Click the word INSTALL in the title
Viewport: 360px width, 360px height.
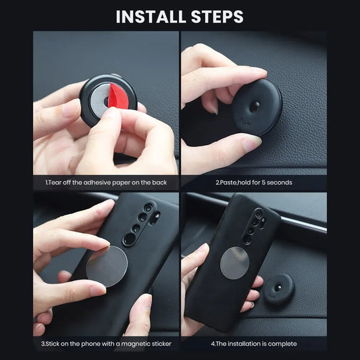point(151,16)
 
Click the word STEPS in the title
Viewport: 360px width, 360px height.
point(217,16)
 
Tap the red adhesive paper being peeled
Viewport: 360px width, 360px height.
point(118,96)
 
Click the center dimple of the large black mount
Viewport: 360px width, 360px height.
point(255,106)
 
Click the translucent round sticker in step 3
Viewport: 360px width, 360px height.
point(107,266)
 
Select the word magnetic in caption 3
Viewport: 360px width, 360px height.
point(136,344)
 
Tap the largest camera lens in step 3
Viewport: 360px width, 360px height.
point(130,240)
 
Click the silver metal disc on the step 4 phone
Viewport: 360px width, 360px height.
point(234,263)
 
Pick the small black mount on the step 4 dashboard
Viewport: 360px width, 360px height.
point(279,289)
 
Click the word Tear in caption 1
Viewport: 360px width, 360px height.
point(55,182)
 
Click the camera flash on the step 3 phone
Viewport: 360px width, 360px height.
point(157,215)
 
